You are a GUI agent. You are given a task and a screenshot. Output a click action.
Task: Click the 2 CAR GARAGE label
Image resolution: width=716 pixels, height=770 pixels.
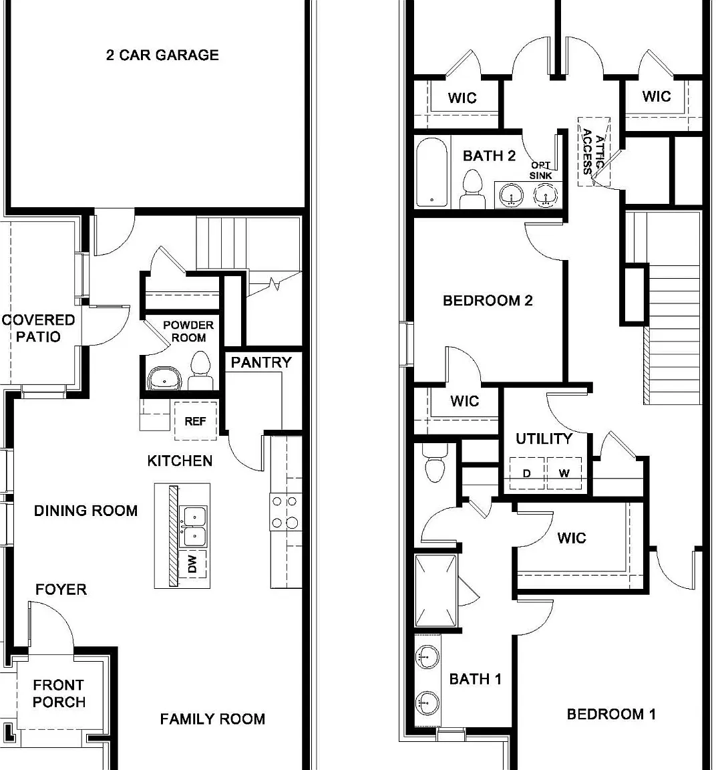pyautogui.click(x=162, y=55)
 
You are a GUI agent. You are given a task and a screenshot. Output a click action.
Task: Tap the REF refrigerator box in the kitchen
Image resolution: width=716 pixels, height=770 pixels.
pyautogui.click(x=195, y=420)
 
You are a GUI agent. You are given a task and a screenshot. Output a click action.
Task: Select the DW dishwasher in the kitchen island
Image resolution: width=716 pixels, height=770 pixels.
pyautogui.click(x=192, y=563)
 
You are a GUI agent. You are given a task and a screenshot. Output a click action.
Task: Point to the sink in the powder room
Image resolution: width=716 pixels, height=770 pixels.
pyautogui.click(x=164, y=378)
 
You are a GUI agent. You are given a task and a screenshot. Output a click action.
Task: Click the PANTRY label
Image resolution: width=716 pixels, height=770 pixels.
pyautogui.click(x=261, y=362)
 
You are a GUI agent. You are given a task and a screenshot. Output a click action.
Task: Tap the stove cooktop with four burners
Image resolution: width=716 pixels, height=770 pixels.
pyautogui.click(x=285, y=512)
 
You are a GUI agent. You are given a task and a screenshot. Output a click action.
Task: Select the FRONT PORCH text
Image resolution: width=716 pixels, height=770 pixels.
pyautogui.click(x=59, y=693)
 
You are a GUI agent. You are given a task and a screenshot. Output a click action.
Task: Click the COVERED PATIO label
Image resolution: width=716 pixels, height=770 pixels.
pyautogui.click(x=38, y=328)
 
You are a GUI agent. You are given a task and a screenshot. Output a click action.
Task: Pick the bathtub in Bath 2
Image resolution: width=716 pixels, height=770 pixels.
pyautogui.click(x=432, y=172)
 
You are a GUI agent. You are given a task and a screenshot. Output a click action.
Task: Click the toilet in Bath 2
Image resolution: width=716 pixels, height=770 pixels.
pyautogui.click(x=473, y=188)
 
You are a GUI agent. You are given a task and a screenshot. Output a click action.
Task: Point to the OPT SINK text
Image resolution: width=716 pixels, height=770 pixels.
pyautogui.click(x=540, y=170)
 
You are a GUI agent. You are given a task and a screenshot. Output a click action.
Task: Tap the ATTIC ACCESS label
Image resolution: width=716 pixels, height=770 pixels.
pyautogui.click(x=593, y=151)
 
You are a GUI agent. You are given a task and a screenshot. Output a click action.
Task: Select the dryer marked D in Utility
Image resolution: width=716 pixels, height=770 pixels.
pyautogui.click(x=526, y=473)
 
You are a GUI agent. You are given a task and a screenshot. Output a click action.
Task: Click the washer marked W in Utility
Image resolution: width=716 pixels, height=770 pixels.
pyautogui.click(x=564, y=473)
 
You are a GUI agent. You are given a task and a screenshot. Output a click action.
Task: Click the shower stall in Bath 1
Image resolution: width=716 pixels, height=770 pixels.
pyautogui.click(x=435, y=590)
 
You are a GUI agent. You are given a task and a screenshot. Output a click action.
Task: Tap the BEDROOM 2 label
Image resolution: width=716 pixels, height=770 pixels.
pyautogui.click(x=488, y=301)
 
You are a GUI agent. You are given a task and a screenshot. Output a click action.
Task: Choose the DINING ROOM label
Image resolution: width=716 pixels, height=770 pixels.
pyautogui.click(x=86, y=511)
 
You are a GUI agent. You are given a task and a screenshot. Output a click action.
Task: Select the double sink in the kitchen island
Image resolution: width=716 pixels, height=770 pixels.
pyautogui.click(x=193, y=527)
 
